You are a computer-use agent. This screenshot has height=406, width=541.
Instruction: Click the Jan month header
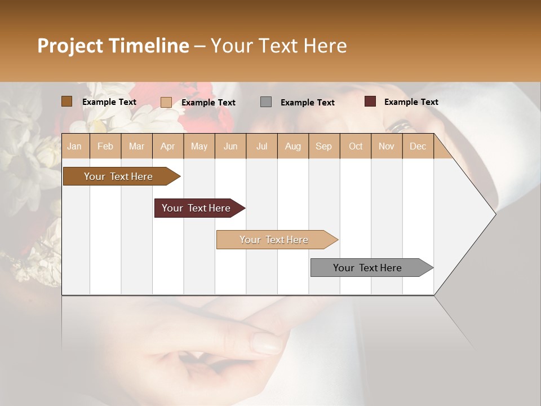click(74, 146)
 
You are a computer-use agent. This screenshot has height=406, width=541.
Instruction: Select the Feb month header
click(105, 146)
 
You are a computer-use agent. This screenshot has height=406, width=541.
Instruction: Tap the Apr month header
click(167, 146)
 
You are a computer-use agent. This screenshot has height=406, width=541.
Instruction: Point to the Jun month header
click(230, 146)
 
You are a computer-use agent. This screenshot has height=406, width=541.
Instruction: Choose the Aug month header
click(292, 146)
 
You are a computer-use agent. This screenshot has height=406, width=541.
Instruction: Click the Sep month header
click(323, 146)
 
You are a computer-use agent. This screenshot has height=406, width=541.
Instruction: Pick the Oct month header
click(356, 146)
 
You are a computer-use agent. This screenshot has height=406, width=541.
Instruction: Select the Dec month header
click(418, 146)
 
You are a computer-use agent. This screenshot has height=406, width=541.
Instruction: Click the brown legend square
click(67, 101)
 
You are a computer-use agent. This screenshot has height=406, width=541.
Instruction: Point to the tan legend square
click(166, 102)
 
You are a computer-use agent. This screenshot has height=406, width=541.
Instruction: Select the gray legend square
click(266, 102)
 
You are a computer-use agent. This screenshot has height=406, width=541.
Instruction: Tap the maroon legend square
click(370, 101)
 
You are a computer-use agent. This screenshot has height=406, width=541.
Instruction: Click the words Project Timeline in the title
click(113, 46)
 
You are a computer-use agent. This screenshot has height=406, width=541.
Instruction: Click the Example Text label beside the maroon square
click(411, 102)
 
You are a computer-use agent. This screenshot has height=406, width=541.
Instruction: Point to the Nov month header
click(387, 146)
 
